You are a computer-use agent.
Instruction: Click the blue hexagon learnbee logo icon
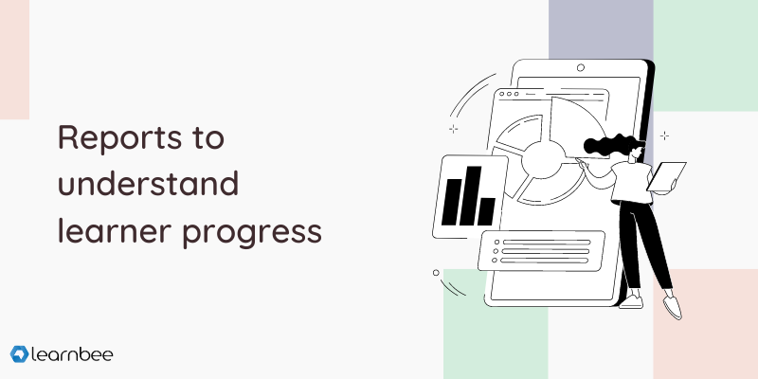19,354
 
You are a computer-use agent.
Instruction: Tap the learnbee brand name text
72,354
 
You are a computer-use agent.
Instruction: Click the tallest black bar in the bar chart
470,196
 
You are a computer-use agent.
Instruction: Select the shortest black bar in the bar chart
486,211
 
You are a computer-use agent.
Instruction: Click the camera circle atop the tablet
581,67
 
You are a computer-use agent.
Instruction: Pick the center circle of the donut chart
543,160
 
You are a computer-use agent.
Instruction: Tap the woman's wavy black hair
610,145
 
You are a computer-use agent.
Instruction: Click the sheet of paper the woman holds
667,176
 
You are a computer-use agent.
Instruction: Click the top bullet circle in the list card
496,243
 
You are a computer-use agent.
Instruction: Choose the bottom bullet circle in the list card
494,260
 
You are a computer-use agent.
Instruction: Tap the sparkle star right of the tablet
665,135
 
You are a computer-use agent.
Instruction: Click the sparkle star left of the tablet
454,129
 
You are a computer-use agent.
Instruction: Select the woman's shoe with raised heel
672,306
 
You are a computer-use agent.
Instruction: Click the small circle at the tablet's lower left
436,273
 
